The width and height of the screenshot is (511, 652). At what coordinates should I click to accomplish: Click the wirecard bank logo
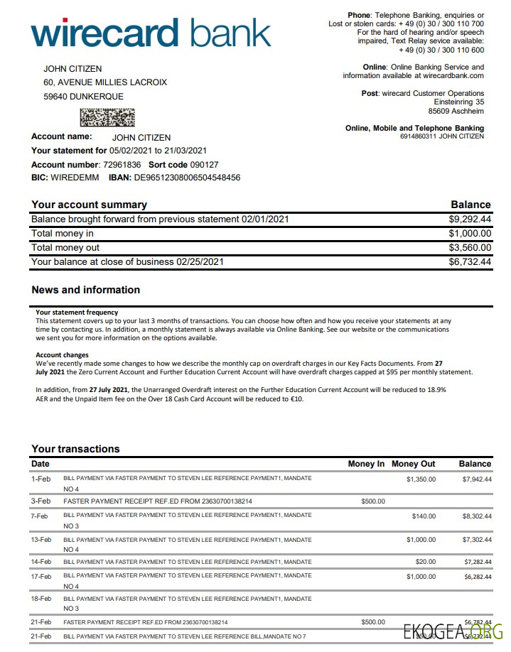tap(151, 34)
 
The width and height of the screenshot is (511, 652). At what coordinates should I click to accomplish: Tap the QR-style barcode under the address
tap(107, 117)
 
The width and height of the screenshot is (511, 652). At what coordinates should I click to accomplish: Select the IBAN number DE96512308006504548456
tap(187, 178)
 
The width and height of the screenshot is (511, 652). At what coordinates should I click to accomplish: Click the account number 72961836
tap(122, 164)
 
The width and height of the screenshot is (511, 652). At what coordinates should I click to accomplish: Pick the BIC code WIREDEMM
tap(75, 178)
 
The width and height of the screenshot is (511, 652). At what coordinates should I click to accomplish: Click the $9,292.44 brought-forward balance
tap(469, 219)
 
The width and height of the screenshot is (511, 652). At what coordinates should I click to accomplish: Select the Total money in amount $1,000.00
tap(469, 234)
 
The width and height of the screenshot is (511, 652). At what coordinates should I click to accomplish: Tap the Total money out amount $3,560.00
tap(469, 248)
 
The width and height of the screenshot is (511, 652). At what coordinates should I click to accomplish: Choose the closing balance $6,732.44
tap(469, 262)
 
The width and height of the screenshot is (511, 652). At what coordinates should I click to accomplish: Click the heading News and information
tap(85, 290)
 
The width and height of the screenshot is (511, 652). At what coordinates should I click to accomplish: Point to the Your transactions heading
tap(75, 449)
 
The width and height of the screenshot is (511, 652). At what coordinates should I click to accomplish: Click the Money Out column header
tap(413, 464)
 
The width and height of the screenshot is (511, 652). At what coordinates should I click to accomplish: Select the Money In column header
tap(366, 464)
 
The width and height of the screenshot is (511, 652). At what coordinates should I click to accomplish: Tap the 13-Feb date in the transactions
tap(41, 540)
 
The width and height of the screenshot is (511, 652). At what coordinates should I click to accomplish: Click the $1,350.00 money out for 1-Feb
tap(421, 479)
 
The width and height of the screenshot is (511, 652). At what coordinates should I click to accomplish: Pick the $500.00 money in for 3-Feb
tap(373, 501)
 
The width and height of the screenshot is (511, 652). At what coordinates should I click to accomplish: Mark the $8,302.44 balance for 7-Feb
tap(477, 516)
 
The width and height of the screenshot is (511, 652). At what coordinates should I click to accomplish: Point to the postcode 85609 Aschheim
tap(456, 112)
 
